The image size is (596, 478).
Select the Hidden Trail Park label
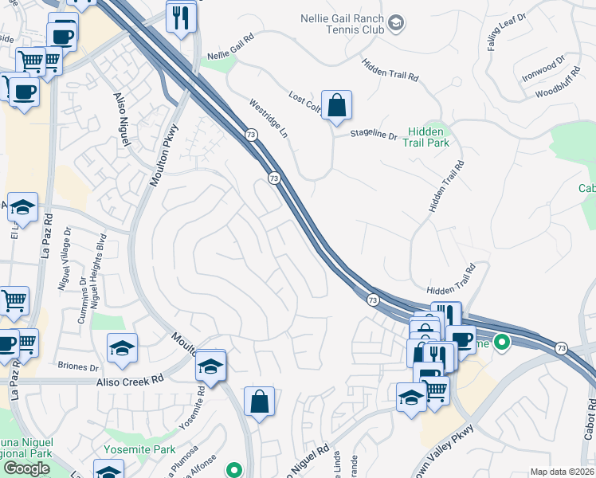[x=428, y=137]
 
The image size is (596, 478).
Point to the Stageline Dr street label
[x=374, y=135]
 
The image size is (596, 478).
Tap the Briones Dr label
[x=79, y=368]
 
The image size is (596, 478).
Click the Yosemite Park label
[x=139, y=449]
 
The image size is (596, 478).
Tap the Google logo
[x=26, y=468]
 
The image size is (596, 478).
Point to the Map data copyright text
[x=563, y=472]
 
